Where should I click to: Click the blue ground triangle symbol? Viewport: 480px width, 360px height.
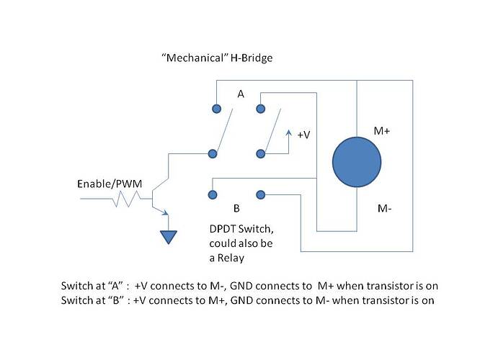(x=169, y=235)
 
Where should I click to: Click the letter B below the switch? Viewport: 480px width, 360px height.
(x=236, y=208)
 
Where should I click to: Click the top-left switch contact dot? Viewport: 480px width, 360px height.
(x=215, y=109)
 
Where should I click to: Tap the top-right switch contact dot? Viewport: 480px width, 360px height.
(x=260, y=109)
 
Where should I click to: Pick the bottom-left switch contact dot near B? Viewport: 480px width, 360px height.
(x=213, y=194)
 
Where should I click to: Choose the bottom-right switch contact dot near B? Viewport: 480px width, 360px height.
(x=260, y=194)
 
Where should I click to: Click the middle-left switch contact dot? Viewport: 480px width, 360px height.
(x=213, y=153)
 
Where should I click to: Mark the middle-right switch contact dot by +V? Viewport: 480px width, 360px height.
(x=260, y=153)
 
